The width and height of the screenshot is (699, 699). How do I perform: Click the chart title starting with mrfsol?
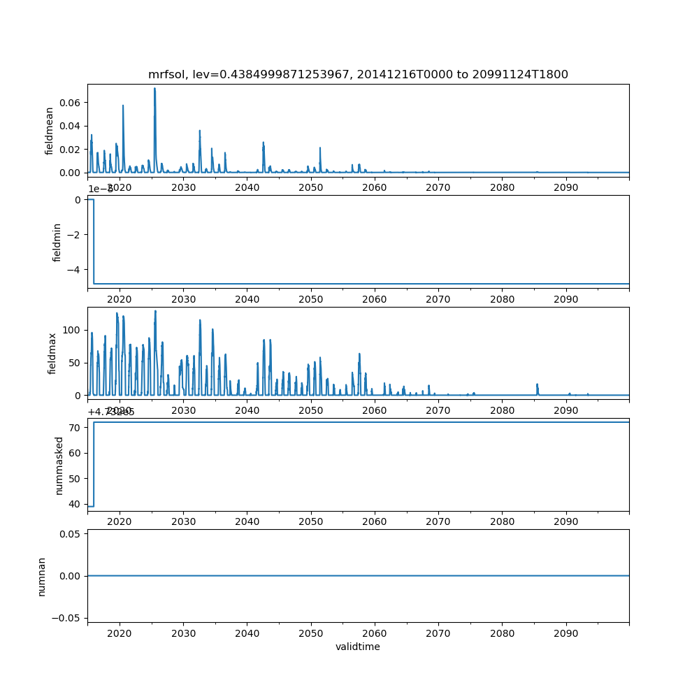coord(358,74)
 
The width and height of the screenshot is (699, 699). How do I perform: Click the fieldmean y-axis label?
coord(50,131)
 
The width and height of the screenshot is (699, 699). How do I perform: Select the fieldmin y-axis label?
coord(58,242)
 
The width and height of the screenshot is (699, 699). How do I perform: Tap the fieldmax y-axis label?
coord(52,353)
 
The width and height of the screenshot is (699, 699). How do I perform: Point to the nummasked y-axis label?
coord(59,466)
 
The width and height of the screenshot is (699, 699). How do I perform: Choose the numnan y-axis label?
coord(42,576)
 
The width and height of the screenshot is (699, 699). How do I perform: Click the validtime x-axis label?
coord(358,647)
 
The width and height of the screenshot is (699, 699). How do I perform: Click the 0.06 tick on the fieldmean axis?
coord(69,103)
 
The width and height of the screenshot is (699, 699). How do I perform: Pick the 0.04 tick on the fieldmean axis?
coord(69,126)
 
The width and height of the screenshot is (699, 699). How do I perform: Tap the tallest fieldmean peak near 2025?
coord(154,89)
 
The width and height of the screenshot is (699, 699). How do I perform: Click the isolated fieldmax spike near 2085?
coord(538,384)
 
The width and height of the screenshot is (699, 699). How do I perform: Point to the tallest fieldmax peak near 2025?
coord(155,312)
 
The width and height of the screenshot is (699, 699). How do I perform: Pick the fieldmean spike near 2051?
coord(320,148)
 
